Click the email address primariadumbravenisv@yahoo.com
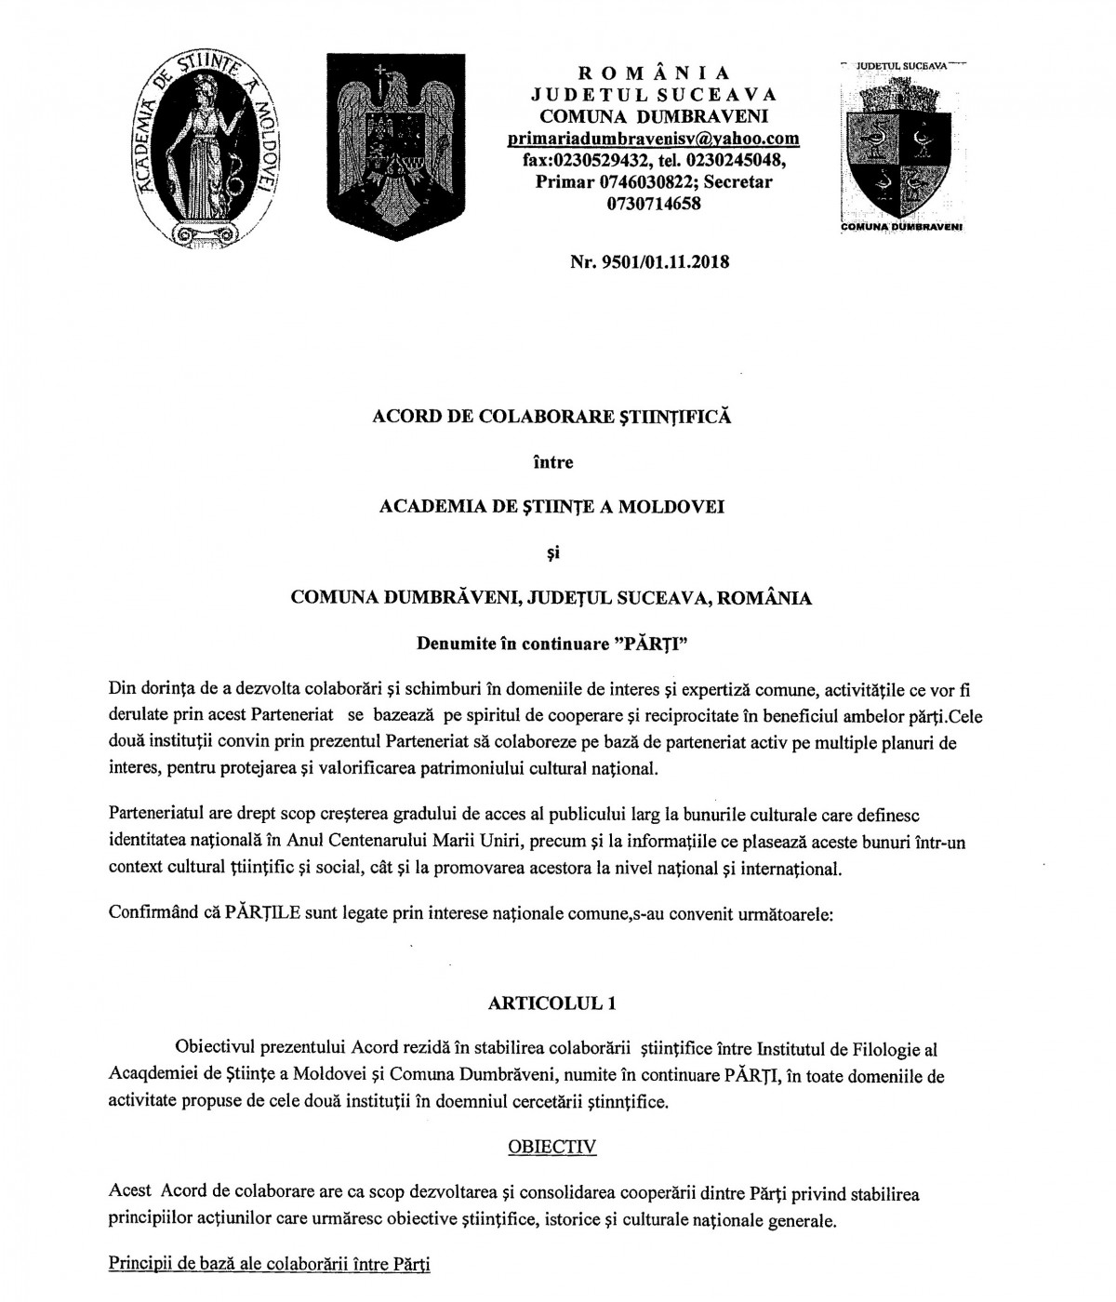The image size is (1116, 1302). click(654, 139)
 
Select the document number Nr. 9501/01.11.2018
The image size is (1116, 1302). click(650, 261)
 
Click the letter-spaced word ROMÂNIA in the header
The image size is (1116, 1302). click(654, 73)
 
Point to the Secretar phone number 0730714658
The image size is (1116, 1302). click(654, 204)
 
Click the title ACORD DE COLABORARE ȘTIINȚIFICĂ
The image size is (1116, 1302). click(551, 417)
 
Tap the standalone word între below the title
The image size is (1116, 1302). click(552, 462)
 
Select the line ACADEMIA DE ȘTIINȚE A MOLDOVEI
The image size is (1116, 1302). click(552, 507)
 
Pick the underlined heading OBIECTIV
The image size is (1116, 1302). click(551, 1146)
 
